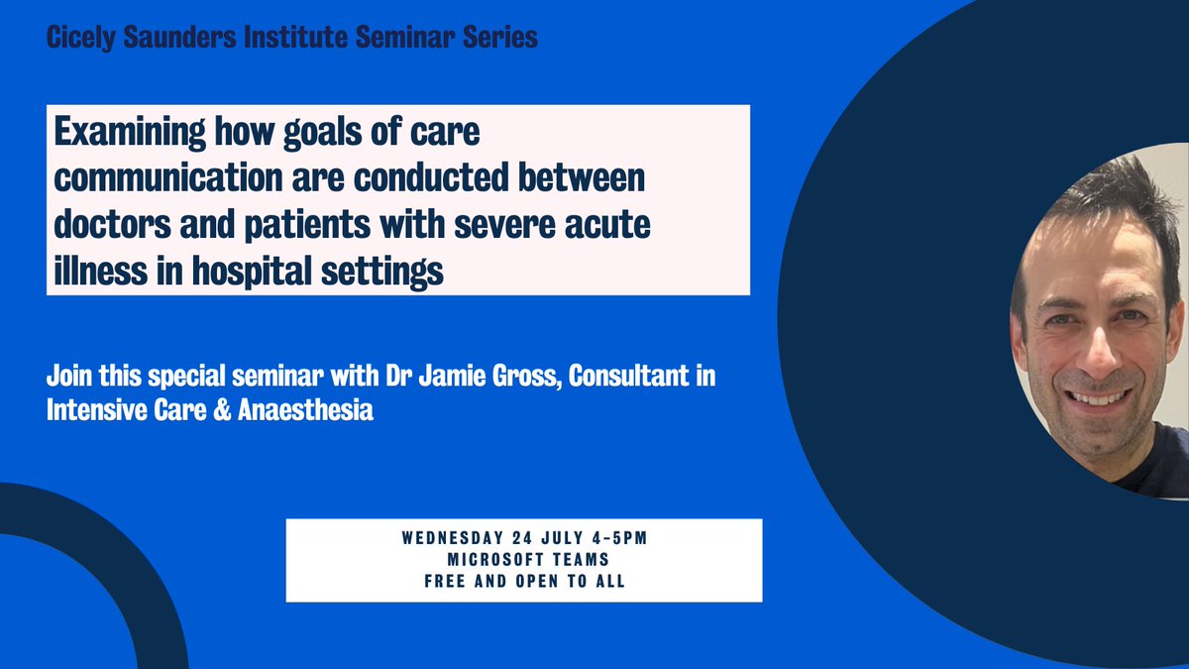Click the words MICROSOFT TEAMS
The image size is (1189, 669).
[524, 560]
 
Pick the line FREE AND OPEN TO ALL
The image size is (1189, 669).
[524, 581]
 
